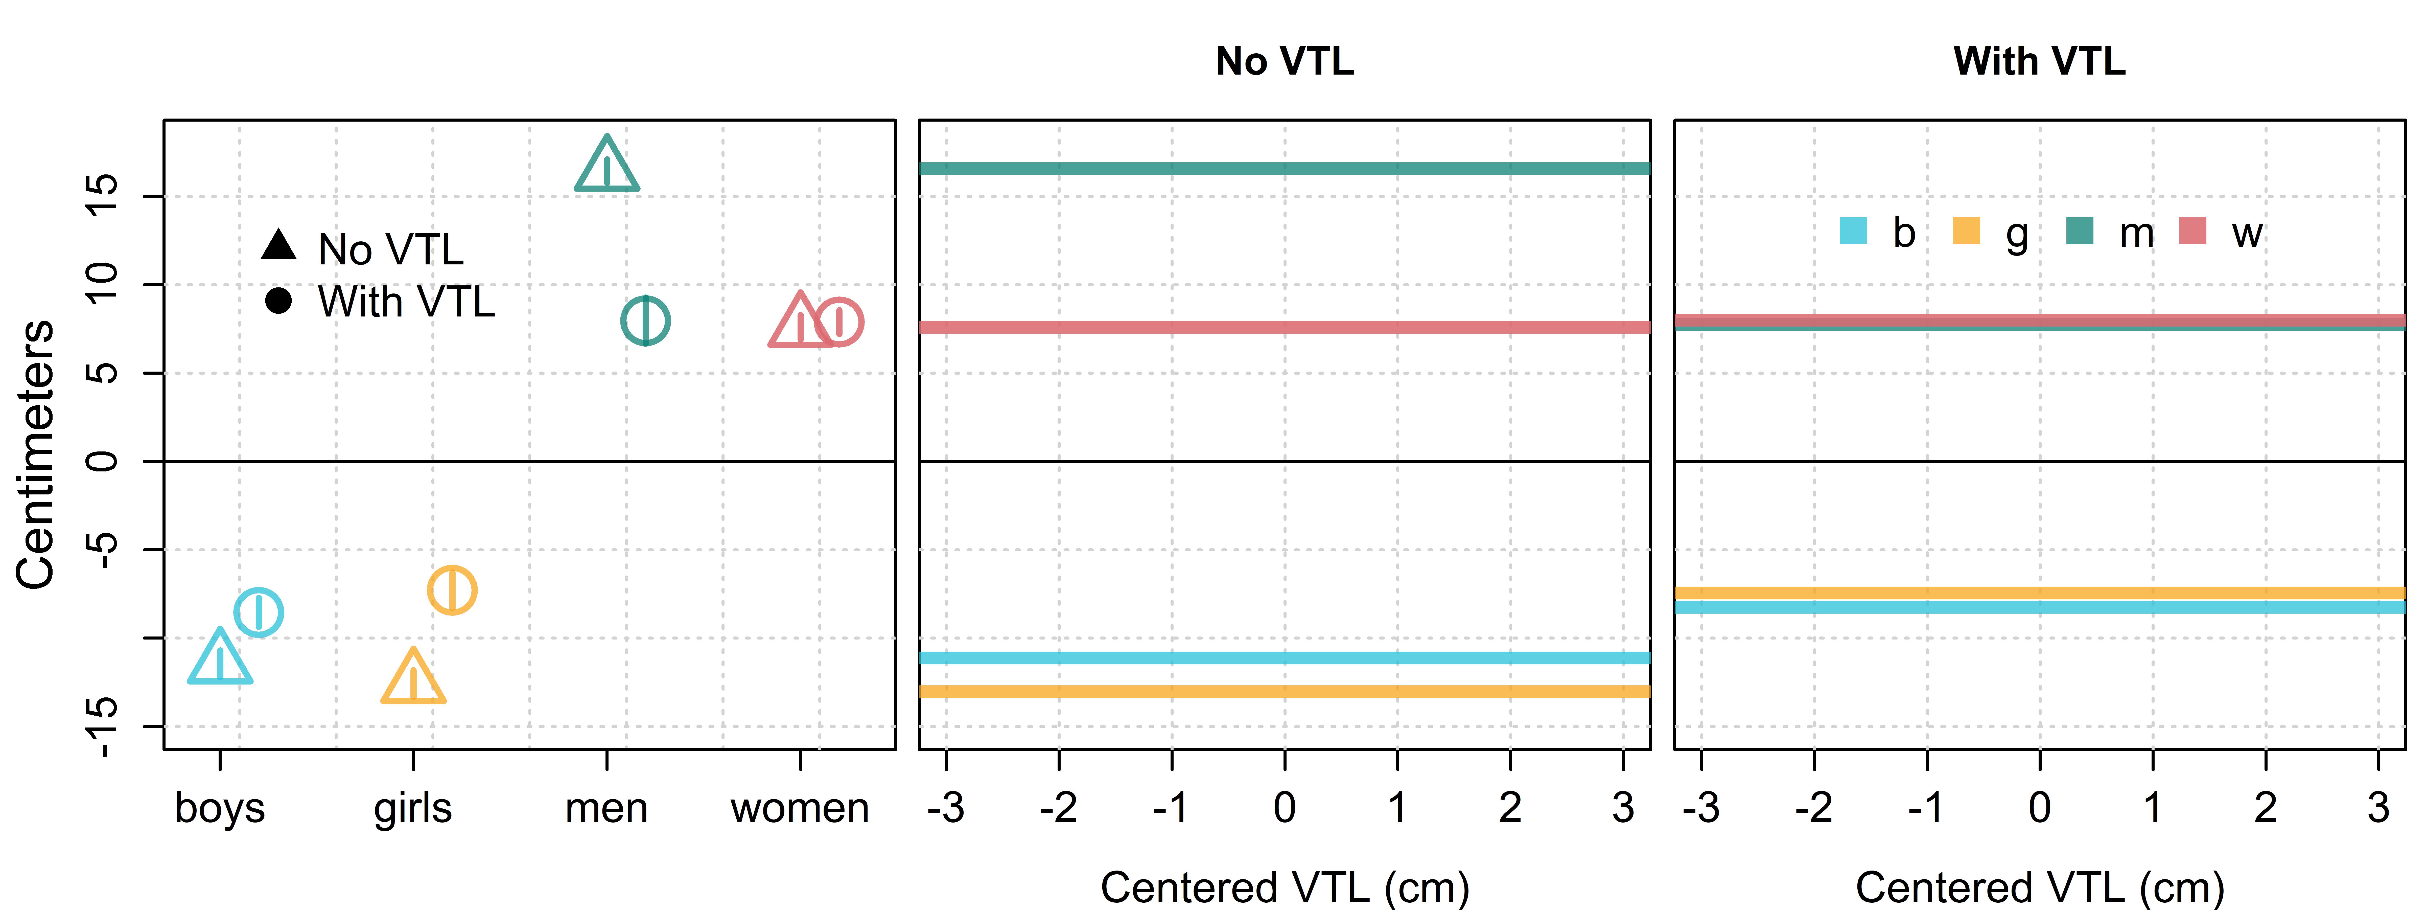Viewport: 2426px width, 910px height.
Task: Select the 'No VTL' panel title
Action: [1285, 61]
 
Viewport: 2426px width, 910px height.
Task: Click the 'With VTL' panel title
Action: [2040, 61]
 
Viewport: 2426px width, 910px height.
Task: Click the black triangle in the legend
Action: [279, 244]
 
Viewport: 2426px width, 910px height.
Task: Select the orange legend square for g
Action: [1966, 231]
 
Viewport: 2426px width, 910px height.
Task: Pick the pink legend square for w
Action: [2194, 231]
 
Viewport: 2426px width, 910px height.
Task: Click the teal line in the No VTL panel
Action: [1285, 169]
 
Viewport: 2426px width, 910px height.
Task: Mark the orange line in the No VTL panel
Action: [1285, 691]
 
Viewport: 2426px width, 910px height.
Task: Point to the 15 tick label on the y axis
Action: [102, 196]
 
